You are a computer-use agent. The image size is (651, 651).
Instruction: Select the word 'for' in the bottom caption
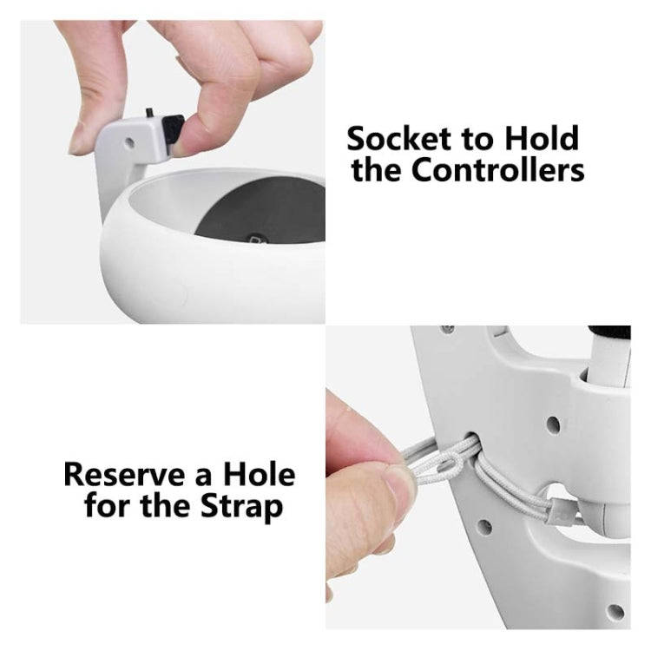click(109, 505)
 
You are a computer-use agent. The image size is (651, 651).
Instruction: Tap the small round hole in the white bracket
click(130, 140)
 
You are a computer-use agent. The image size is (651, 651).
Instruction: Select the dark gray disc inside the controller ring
click(260, 212)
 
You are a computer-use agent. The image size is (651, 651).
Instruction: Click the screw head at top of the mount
click(447, 331)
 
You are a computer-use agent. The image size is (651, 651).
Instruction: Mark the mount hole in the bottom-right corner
click(615, 611)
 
